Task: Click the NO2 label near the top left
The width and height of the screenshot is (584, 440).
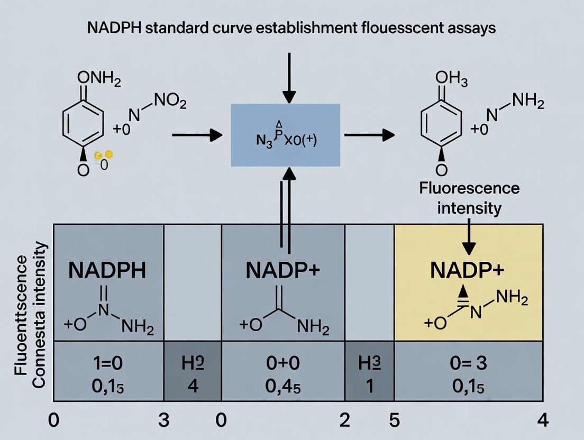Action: (x=170, y=102)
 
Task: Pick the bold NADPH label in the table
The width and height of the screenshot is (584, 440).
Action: (x=108, y=271)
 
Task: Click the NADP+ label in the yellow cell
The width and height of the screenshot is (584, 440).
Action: (x=468, y=271)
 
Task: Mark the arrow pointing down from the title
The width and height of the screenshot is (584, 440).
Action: (x=289, y=77)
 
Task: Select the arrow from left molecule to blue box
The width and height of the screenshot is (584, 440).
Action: (x=197, y=135)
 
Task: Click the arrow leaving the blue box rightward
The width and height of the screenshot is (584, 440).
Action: (x=369, y=135)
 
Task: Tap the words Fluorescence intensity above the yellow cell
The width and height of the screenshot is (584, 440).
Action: (x=469, y=198)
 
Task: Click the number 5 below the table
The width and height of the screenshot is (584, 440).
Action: (x=394, y=420)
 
